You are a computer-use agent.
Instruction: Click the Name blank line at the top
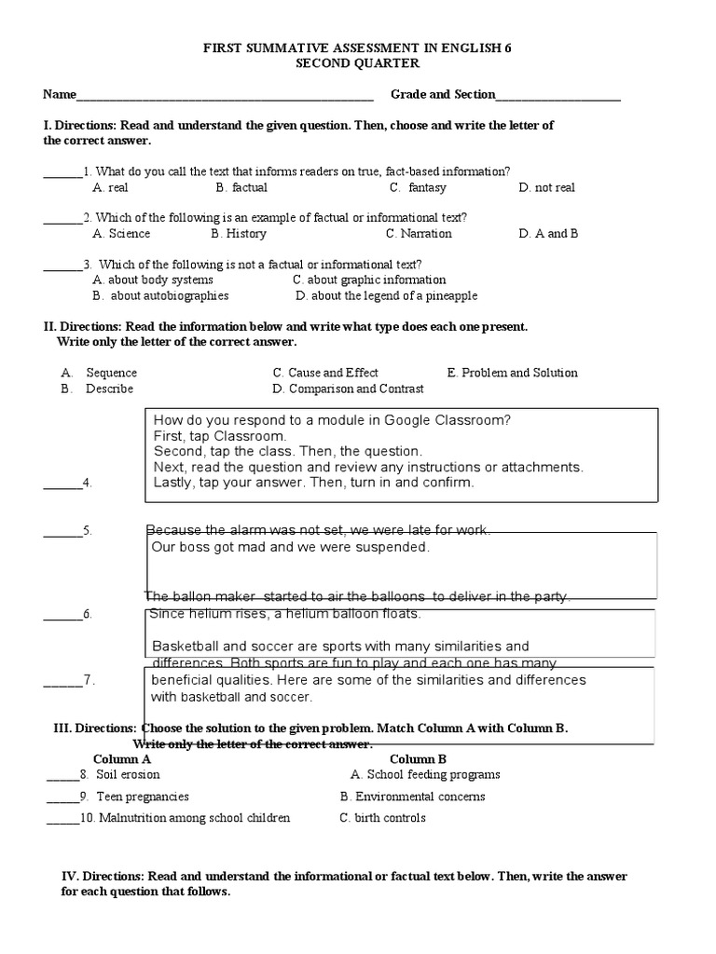pos(224,97)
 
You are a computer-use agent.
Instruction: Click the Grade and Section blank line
pos(558,97)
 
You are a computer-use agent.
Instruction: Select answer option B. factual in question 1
pos(241,187)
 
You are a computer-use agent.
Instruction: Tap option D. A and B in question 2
pos(548,234)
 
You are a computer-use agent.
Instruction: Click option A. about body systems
pos(153,279)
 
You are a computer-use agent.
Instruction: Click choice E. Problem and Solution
pos(512,373)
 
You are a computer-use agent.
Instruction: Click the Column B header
pos(418,759)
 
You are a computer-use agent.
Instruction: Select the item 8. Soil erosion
pos(127,775)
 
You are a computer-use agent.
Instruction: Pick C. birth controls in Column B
pos(382,818)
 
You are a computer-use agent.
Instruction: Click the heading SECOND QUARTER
pos(357,63)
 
